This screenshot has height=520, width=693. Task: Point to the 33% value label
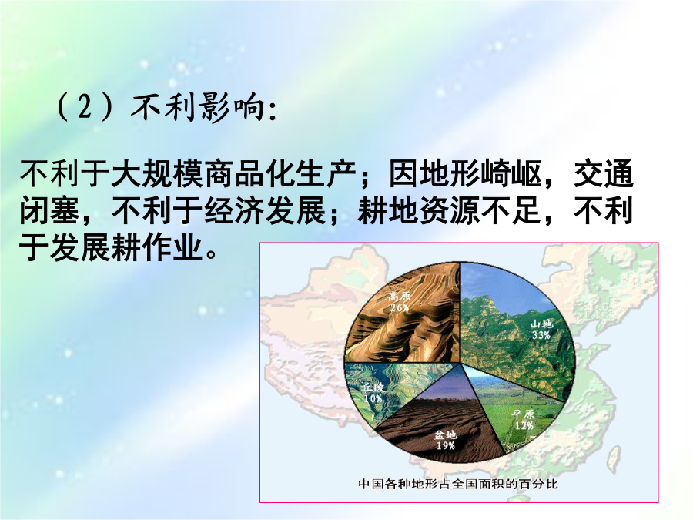(541, 335)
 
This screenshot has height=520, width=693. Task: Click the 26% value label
(399, 307)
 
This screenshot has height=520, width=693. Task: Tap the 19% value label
(446, 446)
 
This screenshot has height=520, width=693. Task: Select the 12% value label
(524, 425)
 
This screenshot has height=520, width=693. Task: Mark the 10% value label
(373, 398)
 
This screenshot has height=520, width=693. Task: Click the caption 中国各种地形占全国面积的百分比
(458, 484)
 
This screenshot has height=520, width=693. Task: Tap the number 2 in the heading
(84, 107)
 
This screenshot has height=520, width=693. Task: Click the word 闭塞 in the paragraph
(49, 210)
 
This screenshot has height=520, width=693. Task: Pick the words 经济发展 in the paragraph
(265, 210)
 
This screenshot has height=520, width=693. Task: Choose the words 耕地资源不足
(450, 210)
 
